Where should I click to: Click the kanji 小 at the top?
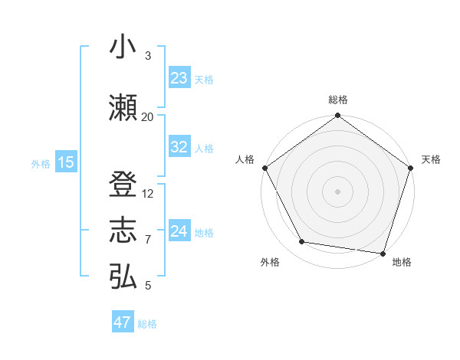coord(123,47)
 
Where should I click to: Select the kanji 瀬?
coord(123,108)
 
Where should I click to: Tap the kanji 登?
coord(123,185)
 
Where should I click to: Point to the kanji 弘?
coord(123,277)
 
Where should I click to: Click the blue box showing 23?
coord(179,78)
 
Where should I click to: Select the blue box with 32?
coord(179,148)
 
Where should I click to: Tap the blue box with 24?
coord(179,231)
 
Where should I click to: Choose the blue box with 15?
coord(65,162)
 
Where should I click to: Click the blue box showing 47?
coord(123,322)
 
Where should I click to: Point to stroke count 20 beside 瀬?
coord(147,117)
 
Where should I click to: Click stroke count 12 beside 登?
coord(147,194)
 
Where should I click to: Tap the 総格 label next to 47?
coord(147,324)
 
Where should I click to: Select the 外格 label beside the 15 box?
coord(41,163)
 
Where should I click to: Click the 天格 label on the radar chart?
coord(431,159)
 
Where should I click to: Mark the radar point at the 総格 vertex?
coord(337,116)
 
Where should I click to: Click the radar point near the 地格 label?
coord(383,253)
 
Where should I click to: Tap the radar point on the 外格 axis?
coord(302,242)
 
